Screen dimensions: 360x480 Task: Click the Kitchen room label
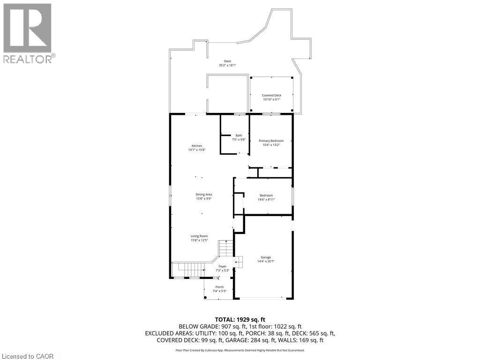click(196, 146)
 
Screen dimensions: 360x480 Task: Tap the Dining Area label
click(204, 195)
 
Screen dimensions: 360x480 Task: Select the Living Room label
click(199, 236)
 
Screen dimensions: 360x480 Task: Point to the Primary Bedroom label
click(271, 141)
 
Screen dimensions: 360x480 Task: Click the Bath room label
click(239, 135)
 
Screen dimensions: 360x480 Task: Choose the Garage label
click(266, 257)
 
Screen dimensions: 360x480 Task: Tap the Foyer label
click(222, 266)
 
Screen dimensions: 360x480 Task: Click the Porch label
click(219, 287)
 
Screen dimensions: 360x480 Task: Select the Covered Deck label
click(271, 95)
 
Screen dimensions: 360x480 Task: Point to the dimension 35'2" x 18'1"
click(227, 66)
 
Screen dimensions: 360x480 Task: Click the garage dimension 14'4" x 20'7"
click(266, 262)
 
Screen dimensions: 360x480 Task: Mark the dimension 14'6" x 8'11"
click(266, 200)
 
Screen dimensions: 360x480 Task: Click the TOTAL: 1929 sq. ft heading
click(240, 319)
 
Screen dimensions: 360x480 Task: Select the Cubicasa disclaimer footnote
click(240, 350)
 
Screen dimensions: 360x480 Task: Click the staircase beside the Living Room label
click(226, 248)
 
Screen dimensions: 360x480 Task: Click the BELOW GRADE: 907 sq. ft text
click(209, 326)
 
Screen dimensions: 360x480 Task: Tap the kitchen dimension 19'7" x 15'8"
click(197, 150)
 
